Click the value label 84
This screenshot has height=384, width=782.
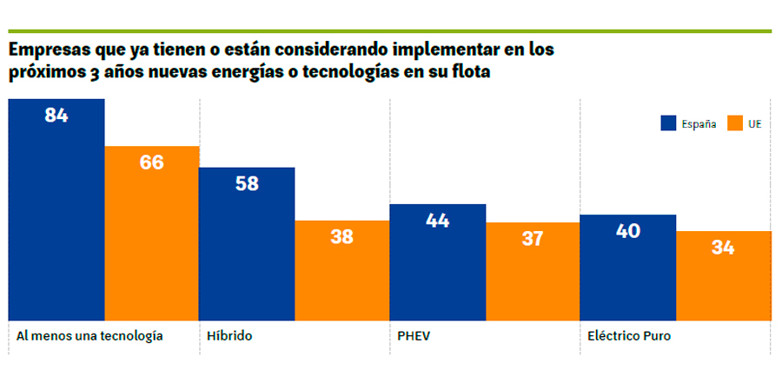pyautogui.click(x=56, y=115)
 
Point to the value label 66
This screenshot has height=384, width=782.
pyautogui.click(x=152, y=162)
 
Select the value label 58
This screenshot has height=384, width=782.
pyautogui.click(x=247, y=183)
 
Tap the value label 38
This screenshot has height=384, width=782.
pyautogui.click(x=341, y=236)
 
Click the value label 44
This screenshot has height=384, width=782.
pyautogui.click(x=437, y=221)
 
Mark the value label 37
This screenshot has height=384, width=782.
pyautogui.click(x=532, y=238)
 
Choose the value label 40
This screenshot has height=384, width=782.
pyautogui.click(x=627, y=231)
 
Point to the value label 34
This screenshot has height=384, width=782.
pyautogui.click(x=722, y=248)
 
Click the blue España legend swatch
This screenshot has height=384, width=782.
pyautogui.click(x=668, y=123)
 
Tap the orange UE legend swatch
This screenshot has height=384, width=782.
pyautogui.click(x=734, y=123)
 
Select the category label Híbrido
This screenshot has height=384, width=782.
pyautogui.click(x=230, y=335)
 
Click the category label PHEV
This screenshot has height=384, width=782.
pyautogui.click(x=413, y=335)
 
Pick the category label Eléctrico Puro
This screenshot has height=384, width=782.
pyautogui.click(x=628, y=335)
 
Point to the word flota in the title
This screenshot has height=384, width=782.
pyautogui.click(x=469, y=72)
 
